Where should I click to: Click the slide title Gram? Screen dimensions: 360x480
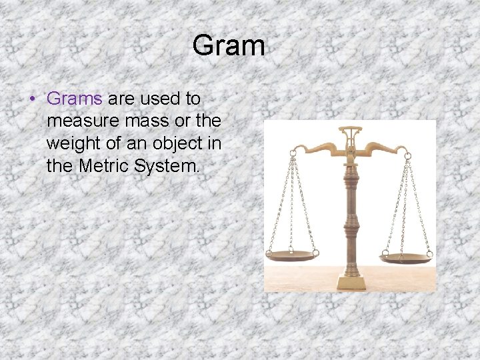pos(229,46)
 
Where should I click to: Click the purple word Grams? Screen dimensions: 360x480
pos(74,99)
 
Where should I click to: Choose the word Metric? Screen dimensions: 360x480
pos(104,165)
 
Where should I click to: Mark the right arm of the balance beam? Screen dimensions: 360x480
pos(387,148)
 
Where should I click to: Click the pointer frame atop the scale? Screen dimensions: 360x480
pos(350,135)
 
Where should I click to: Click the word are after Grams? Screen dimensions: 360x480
pos(121,99)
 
